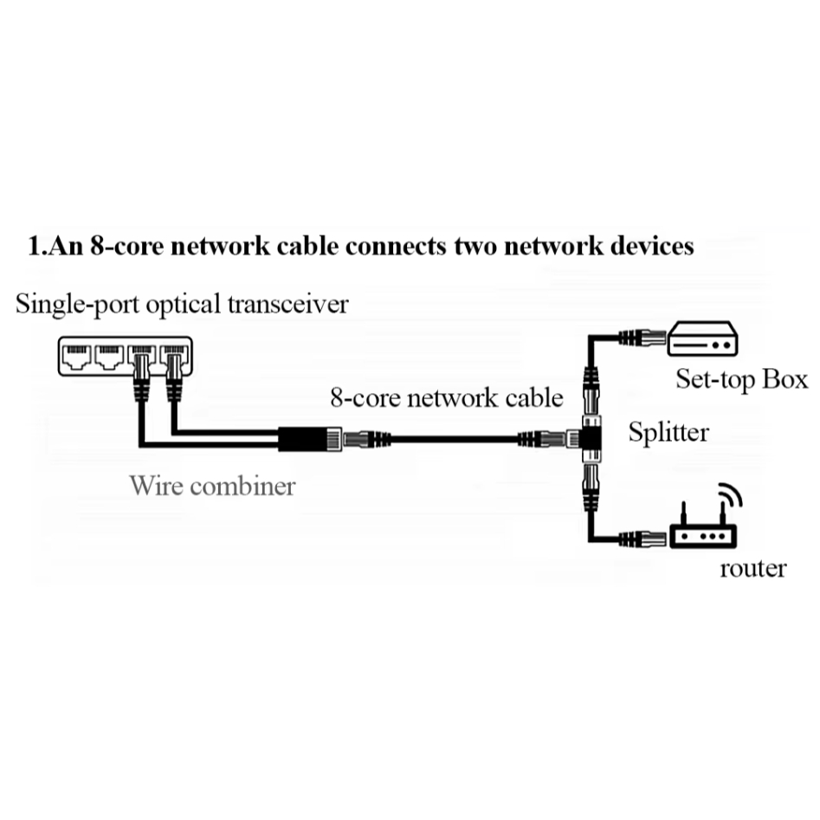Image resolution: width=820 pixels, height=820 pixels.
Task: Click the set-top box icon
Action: (x=701, y=339)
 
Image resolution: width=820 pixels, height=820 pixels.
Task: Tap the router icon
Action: (x=701, y=536)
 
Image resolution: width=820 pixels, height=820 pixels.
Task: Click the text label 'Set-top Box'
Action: (x=741, y=379)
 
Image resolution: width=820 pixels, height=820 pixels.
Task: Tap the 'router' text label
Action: (x=753, y=568)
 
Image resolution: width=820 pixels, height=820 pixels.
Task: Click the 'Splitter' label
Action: (x=668, y=431)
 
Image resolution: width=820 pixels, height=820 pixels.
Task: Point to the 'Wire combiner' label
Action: (x=212, y=485)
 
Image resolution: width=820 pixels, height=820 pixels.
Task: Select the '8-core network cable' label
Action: (x=447, y=398)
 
